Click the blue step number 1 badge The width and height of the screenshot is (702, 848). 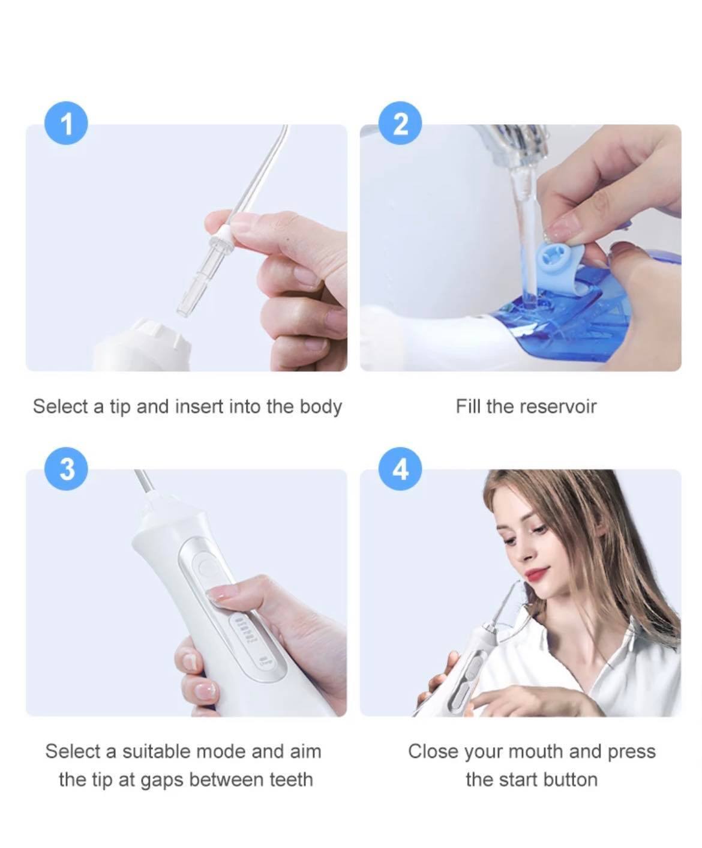[x=66, y=123]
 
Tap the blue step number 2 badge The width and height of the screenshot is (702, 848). [x=400, y=123]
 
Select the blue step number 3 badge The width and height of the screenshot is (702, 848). [x=66, y=469]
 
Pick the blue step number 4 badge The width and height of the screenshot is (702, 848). [x=400, y=469]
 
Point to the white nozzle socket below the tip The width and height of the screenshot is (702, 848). [x=142, y=345]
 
